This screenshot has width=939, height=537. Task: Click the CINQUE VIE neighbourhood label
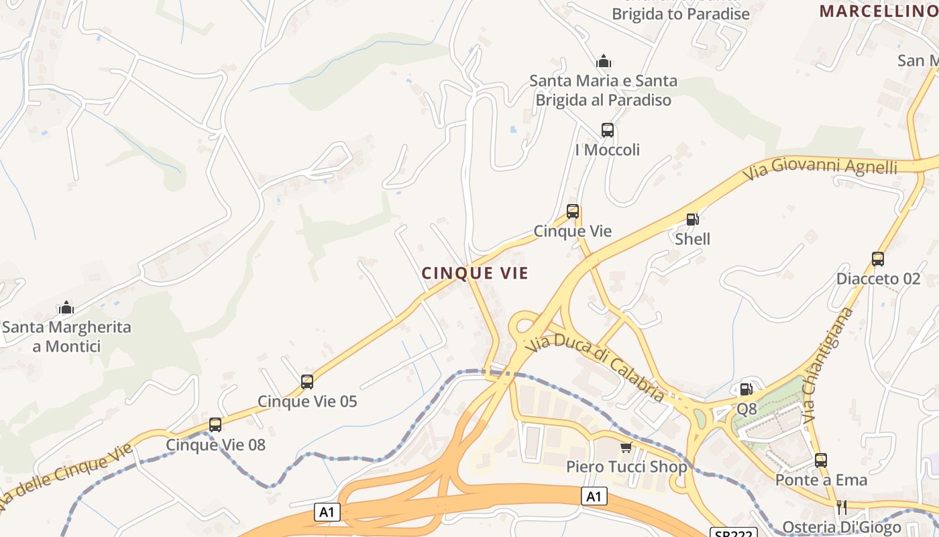475,273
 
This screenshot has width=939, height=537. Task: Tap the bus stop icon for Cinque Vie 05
307,382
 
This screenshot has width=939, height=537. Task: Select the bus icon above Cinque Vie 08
215,425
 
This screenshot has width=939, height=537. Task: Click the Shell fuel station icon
692,219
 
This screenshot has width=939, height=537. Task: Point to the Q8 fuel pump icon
746,389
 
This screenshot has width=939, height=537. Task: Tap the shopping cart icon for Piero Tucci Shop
626,447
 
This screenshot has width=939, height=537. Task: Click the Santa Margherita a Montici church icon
66,308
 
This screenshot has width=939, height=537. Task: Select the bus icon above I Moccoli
608,130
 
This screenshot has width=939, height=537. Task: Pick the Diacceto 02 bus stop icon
878,259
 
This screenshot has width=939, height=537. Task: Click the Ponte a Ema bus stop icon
821,460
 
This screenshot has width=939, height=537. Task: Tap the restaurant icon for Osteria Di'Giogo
841,507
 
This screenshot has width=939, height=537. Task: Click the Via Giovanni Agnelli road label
820,167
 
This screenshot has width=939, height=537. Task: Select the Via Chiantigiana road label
828,366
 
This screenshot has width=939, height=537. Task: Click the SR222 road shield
733,533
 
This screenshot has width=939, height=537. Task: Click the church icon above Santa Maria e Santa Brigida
604,62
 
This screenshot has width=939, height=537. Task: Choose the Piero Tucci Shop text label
626,467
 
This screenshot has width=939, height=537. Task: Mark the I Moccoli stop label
608,150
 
